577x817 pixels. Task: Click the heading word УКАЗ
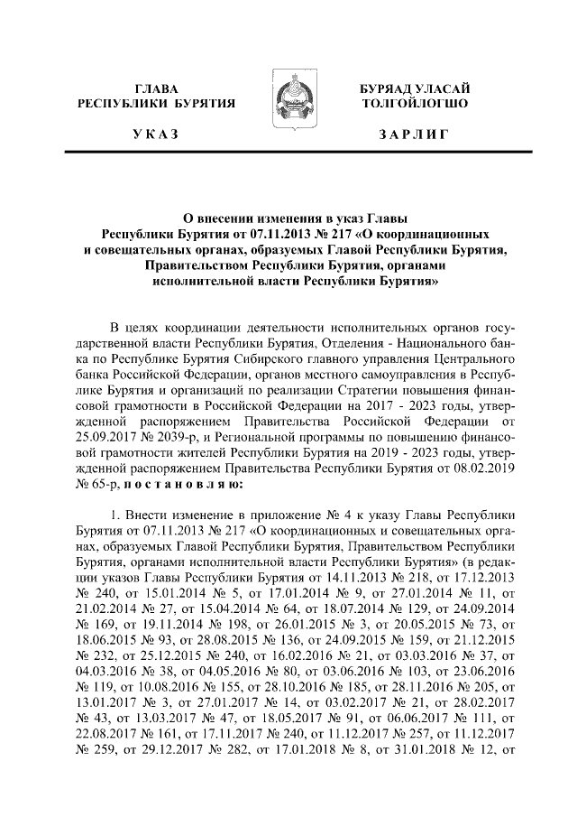158,135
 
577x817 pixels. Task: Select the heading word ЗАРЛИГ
414,135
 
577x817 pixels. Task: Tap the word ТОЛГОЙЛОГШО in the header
414,103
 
